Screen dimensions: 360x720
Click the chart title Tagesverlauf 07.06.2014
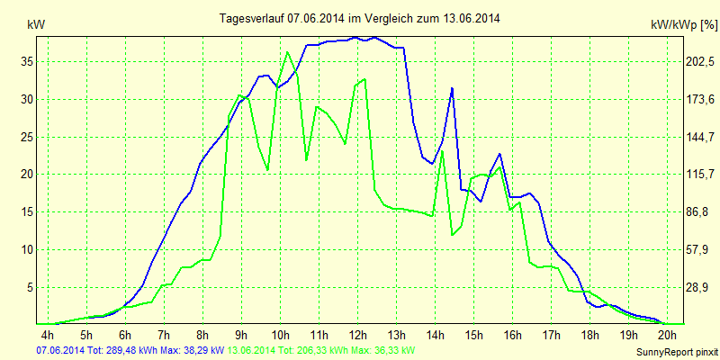(360, 18)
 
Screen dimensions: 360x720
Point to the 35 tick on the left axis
(26, 62)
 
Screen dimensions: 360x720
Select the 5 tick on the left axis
(29, 287)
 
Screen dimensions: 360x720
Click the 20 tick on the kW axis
(26, 175)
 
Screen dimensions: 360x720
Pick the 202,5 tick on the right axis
(700, 62)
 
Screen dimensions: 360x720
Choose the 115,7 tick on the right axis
(700, 175)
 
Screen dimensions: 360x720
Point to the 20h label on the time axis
(666, 335)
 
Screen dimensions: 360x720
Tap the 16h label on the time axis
(512, 335)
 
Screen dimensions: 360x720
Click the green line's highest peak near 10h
(288, 51)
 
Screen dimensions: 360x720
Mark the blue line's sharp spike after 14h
(452, 87)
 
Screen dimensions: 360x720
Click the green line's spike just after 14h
(442, 151)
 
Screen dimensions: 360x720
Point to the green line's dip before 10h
(268, 169)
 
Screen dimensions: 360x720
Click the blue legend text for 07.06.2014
(130, 350)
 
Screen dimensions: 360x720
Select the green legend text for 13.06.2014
(321, 350)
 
